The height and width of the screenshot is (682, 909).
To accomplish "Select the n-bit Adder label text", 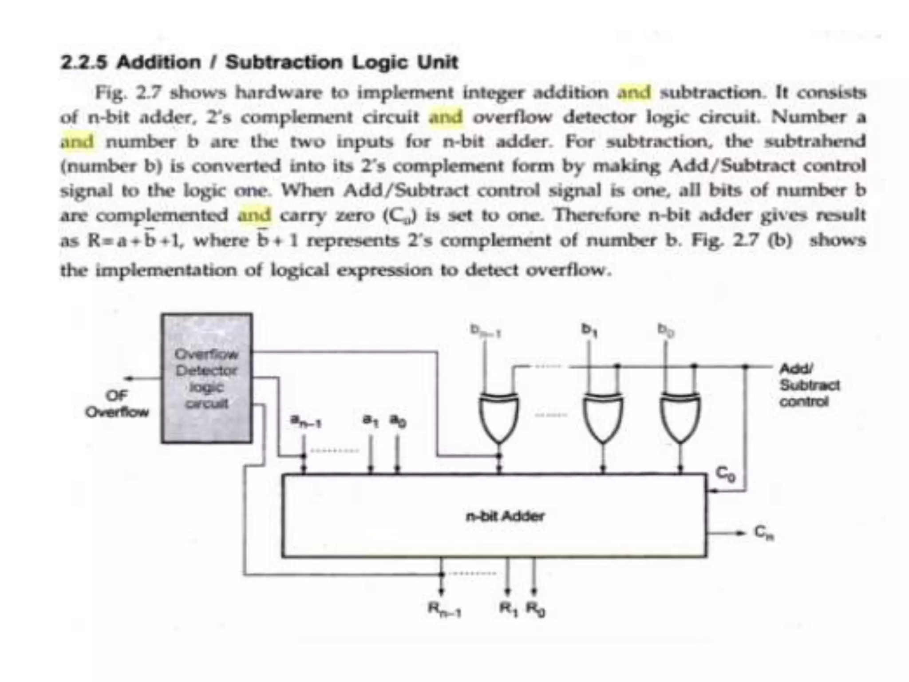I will coord(505,516).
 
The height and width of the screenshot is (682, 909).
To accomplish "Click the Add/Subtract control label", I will coord(809,385).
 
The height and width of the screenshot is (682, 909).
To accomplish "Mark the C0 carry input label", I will coord(727,474).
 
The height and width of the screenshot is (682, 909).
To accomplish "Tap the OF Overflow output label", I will coord(117,404).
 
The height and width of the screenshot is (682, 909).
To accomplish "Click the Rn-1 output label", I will coord(444,609).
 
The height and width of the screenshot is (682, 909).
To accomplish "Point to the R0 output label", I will coord(535,609).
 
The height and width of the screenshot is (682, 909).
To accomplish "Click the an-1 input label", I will coord(305,420).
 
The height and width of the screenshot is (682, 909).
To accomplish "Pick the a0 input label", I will coord(398,420).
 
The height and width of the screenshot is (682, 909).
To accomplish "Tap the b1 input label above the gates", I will coord(589,329).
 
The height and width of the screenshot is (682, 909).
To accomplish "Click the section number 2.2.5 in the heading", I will coord(84,62).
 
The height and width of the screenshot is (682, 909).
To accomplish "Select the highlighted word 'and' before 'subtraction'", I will coord(634,93).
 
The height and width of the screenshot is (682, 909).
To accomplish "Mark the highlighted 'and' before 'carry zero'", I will coord(254,215).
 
